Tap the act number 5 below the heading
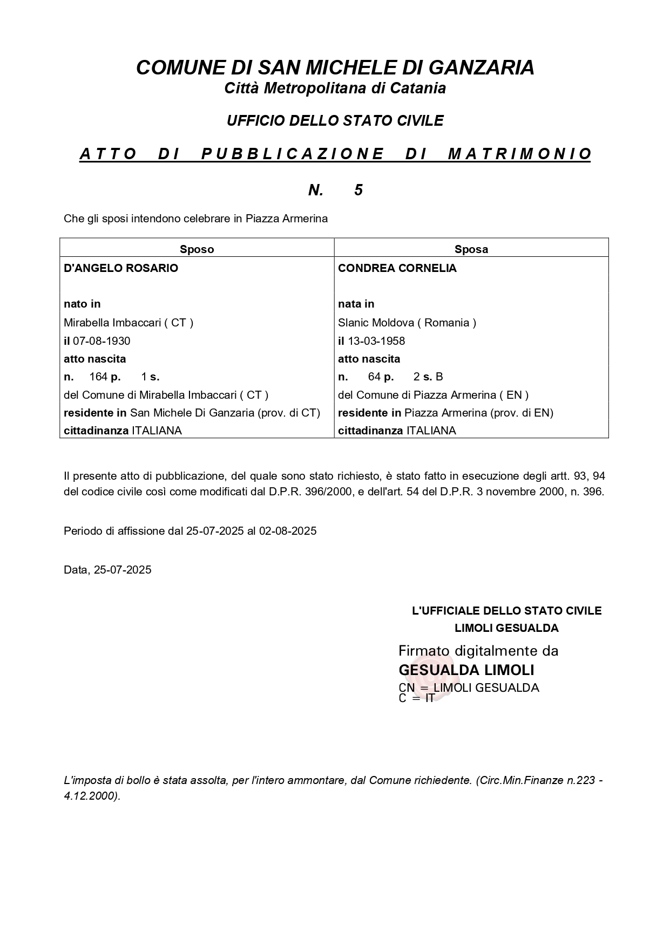pyautogui.click(x=358, y=190)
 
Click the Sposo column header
pyautogui.click(x=197, y=249)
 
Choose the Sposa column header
pyautogui.click(x=471, y=249)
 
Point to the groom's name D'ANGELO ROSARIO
pyautogui.click(x=121, y=268)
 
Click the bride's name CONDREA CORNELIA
pyautogui.click(x=397, y=268)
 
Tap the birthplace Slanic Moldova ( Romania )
pyautogui.click(x=407, y=323)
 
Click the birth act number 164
pyautogui.click(x=98, y=377)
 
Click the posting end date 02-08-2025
pyautogui.click(x=288, y=531)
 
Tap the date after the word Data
pyautogui.click(x=123, y=570)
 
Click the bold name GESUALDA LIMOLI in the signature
pyautogui.click(x=466, y=670)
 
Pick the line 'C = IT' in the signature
pyautogui.click(x=416, y=698)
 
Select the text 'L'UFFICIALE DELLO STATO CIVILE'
pyautogui.click(x=506, y=611)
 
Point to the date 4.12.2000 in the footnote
pyautogui.click(x=90, y=796)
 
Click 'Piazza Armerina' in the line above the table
pyautogui.click(x=287, y=219)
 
